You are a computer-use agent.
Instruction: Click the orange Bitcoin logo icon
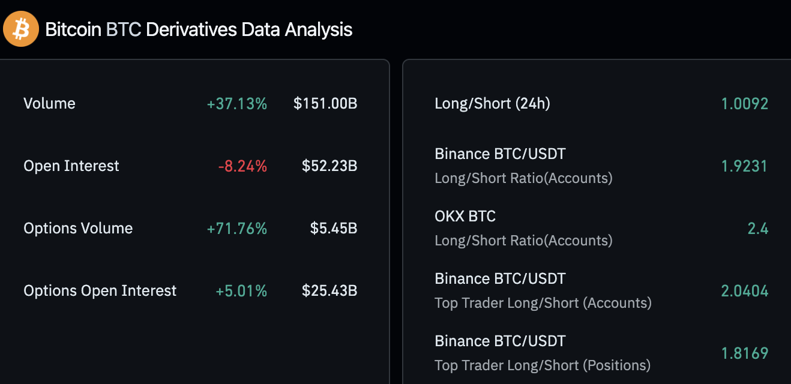[21, 29]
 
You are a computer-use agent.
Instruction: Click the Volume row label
[49, 103]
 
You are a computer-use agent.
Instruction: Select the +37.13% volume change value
[237, 104]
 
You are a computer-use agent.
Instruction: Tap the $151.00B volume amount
[325, 104]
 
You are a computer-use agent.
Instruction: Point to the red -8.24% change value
[242, 166]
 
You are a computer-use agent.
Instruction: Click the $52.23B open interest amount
[329, 166]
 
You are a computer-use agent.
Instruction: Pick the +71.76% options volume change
[237, 229]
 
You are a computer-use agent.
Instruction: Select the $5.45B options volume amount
[334, 229]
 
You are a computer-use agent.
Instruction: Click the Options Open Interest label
[100, 291]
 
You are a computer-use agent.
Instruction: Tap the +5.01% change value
[241, 291]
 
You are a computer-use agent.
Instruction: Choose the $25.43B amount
[329, 291]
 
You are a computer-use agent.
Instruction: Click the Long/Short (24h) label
[492, 104]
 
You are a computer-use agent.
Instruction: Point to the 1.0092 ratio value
[744, 104]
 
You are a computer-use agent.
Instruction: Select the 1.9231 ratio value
[744, 166]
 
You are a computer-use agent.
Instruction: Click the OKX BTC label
[465, 216]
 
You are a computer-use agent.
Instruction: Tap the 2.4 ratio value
[757, 229]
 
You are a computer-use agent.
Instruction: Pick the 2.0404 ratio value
[744, 291]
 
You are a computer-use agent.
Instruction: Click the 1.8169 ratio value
[744, 353]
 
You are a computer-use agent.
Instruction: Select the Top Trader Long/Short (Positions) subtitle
[543, 365]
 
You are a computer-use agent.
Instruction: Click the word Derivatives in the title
[191, 29]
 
